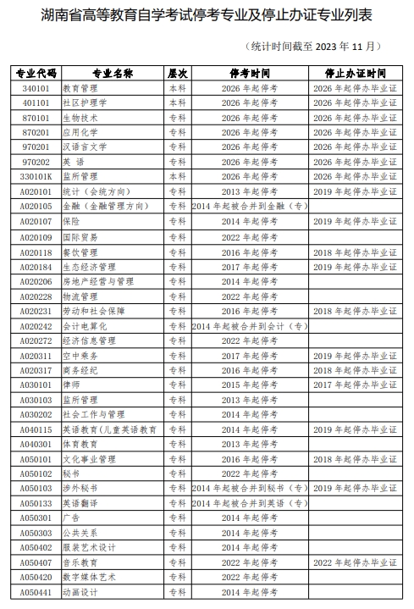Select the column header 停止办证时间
(x=355, y=73)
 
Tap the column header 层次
(x=178, y=73)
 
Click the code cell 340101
(x=36, y=88)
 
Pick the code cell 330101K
(x=36, y=176)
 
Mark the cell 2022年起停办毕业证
(x=355, y=562)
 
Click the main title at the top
(x=207, y=16)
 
